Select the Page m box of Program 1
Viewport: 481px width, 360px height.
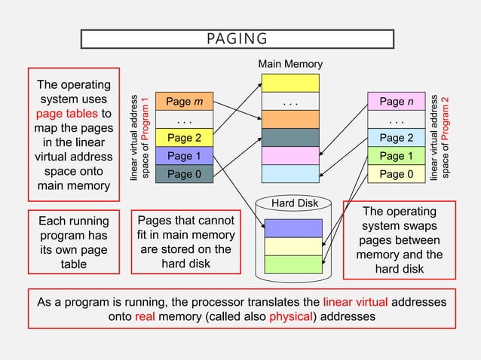184,102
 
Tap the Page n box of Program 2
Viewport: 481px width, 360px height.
397,102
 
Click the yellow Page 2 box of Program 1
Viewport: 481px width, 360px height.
184,138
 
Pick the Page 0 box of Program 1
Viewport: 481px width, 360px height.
184,174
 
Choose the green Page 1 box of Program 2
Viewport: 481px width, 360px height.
397,156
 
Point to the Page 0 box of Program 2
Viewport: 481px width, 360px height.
397,174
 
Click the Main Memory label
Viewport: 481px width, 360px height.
290,64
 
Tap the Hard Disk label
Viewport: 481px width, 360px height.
294,203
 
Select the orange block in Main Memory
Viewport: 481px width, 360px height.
290,119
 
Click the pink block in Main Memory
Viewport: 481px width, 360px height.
290,155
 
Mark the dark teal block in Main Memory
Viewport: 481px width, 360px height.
290,137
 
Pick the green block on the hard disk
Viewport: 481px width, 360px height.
293,264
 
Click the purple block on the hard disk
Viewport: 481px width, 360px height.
293,227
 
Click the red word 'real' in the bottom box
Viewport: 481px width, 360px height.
145,317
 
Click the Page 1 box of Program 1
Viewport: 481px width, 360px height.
184,156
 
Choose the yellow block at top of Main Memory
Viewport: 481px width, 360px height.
290,83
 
